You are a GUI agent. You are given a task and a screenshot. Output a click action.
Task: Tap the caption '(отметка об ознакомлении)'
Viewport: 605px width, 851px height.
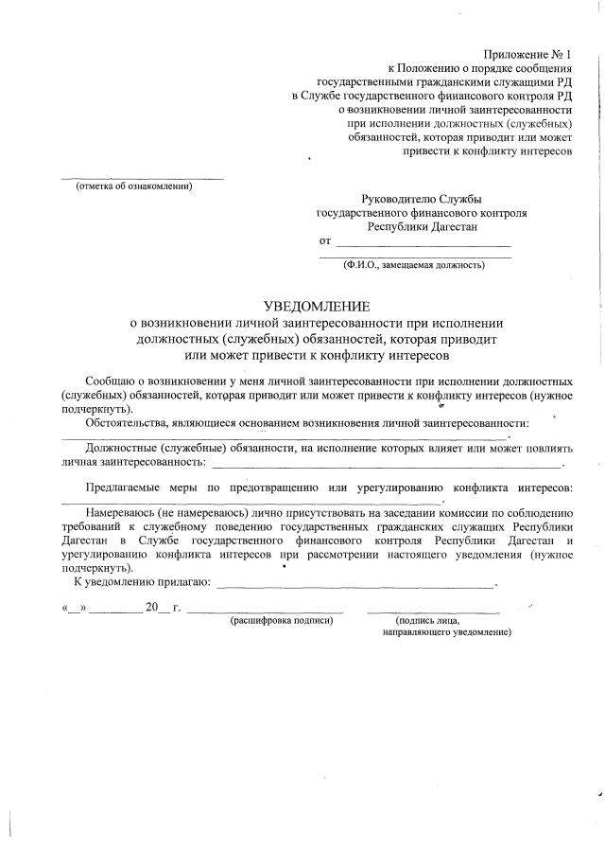(x=134, y=186)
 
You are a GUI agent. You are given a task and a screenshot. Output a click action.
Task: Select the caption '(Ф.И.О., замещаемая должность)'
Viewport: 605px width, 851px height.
(x=414, y=265)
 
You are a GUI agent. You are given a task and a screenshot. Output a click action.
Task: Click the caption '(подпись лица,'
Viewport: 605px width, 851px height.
(x=428, y=621)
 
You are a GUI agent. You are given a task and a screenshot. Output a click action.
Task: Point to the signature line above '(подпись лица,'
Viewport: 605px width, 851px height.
(x=434, y=612)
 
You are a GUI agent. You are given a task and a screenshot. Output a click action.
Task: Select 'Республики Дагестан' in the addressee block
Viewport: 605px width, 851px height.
(x=423, y=227)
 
